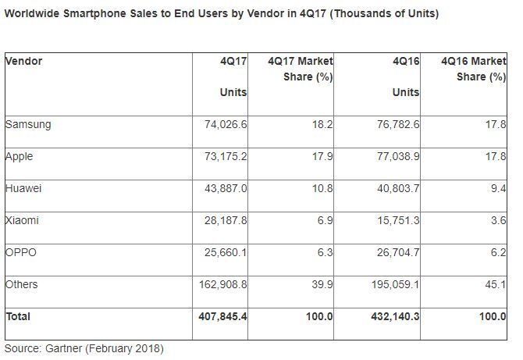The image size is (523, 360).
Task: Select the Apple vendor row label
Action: pos(20,156)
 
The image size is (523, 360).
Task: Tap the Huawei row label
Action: pos(24,188)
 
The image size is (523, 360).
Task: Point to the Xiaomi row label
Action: pos(22,220)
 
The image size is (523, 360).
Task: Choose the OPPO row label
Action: pos(21,252)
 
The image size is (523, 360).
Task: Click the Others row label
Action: pos(22,284)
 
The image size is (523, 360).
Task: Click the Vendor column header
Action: pos(23,61)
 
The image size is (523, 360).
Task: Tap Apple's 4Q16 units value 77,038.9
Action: pos(397,156)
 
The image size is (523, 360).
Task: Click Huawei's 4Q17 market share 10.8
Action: pos(322,188)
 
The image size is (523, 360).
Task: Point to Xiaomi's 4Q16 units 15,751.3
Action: pos(397,220)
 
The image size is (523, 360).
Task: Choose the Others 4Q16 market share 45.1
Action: pos(496,284)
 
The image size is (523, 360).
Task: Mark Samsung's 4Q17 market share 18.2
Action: pos(322,124)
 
